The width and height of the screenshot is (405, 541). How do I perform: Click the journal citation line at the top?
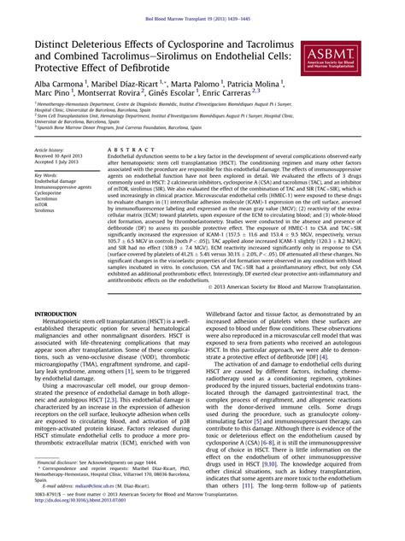(202, 18)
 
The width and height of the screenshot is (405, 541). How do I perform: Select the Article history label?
(54, 149)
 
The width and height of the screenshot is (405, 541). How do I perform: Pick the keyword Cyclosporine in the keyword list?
(54, 194)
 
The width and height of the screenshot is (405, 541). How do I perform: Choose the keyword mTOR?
(47, 207)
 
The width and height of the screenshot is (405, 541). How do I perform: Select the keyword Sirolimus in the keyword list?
(50, 214)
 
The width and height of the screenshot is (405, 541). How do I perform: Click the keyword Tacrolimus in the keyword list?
(52, 200)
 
